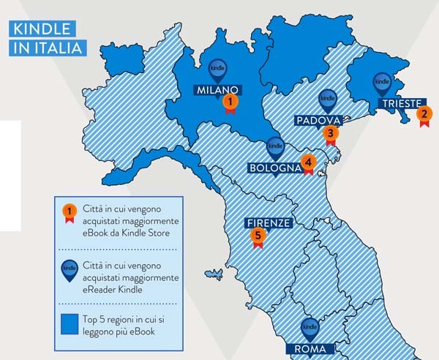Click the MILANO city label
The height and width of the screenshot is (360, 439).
217,90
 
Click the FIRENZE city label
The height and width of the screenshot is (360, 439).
269,223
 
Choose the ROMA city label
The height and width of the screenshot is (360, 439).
309,348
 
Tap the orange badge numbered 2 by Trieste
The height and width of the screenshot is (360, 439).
423,114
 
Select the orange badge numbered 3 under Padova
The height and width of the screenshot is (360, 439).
331,133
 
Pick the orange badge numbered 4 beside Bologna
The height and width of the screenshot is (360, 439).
308,162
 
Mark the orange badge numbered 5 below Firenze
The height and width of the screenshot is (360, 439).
257,235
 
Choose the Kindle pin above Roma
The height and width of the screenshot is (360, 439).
309,329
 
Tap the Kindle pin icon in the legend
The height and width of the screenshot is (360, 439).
70,269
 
